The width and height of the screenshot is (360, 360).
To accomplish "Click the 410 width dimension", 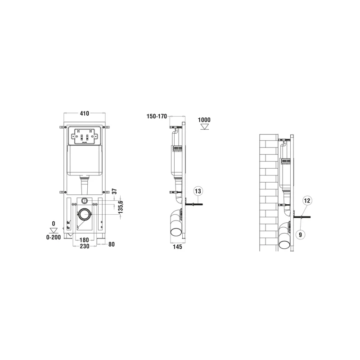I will (x=84, y=114).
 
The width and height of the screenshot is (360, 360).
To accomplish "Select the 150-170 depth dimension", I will (x=156, y=117).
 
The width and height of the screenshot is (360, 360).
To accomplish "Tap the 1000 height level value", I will (x=204, y=120).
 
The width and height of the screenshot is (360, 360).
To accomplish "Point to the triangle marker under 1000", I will (x=204, y=127).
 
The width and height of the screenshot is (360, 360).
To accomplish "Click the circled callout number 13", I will (x=197, y=191).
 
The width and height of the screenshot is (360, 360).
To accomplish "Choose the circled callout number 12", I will (x=307, y=201).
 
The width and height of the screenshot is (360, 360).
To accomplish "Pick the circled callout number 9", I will (x=300, y=234).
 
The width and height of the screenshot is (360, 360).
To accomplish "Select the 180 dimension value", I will (x=84, y=239).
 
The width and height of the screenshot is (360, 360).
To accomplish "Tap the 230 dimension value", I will (x=84, y=247).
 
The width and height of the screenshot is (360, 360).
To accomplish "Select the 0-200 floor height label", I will (x=53, y=237).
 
